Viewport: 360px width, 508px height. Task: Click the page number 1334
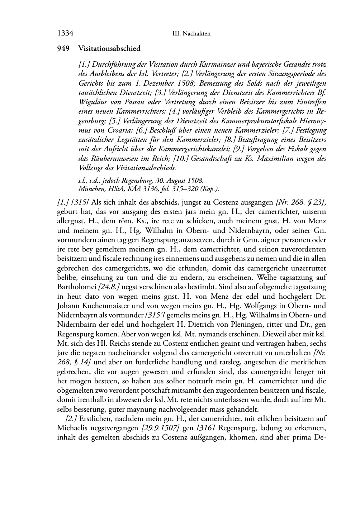pyautogui.click(x=65, y=33)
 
